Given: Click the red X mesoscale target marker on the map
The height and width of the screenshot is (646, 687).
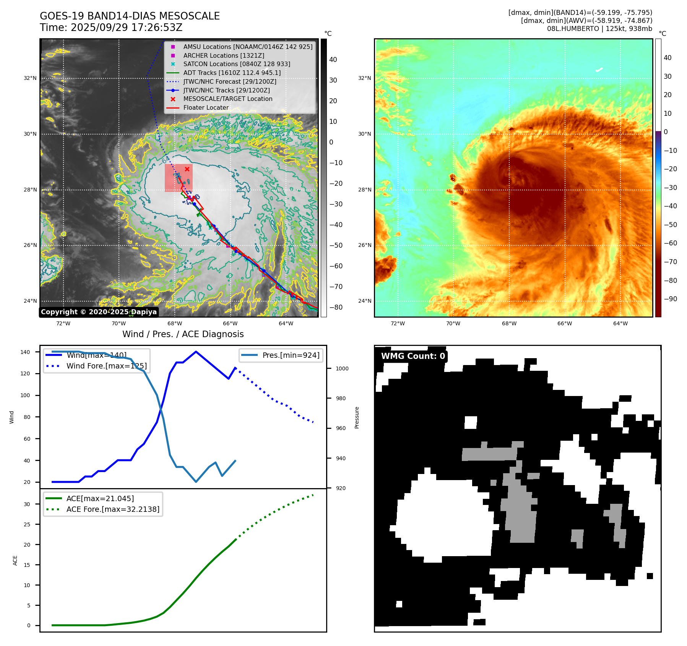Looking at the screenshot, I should click(x=187, y=169).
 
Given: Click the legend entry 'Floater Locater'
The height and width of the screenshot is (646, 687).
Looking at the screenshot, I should click(x=206, y=108).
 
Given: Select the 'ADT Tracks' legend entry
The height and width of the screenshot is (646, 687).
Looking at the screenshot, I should click(x=232, y=73).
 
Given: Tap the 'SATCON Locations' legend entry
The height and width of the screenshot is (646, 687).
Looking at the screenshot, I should click(x=236, y=64).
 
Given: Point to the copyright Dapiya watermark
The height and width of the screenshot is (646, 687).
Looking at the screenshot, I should click(x=99, y=312).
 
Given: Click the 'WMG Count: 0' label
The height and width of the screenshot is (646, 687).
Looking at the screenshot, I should click(x=413, y=356).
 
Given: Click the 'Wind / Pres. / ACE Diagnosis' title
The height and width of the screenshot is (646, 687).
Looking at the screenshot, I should click(x=183, y=334).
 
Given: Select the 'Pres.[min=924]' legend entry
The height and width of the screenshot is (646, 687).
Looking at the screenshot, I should click(x=291, y=355).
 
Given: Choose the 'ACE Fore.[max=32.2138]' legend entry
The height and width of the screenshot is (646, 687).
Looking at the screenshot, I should click(x=113, y=509).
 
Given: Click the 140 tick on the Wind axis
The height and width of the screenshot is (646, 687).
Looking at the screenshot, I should click(x=25, y=352).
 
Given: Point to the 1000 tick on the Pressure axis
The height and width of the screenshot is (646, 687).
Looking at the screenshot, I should click(x=342, y=368).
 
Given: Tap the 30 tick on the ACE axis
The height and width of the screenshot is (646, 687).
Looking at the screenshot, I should click(x=27, y=504).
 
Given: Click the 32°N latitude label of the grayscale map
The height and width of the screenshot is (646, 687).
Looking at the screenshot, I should click(x=30, y=78).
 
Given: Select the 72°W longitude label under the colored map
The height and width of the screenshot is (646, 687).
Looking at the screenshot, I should click(x=398, y=323).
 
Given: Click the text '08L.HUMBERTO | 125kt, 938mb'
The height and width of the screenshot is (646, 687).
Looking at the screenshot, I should click(x=599, y=29).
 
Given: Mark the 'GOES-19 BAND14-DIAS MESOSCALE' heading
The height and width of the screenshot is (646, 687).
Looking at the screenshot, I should click(x=130, y=16).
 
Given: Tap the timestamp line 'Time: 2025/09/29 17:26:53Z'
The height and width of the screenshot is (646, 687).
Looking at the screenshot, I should click(x=111, y=28).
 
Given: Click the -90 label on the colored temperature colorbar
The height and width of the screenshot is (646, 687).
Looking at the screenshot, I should click(x=670, y=299).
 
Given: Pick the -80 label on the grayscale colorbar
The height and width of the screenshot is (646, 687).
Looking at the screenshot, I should click(x=336, y=307).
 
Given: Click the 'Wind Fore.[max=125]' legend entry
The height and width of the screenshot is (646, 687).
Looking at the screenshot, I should click(x=106, y=366).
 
